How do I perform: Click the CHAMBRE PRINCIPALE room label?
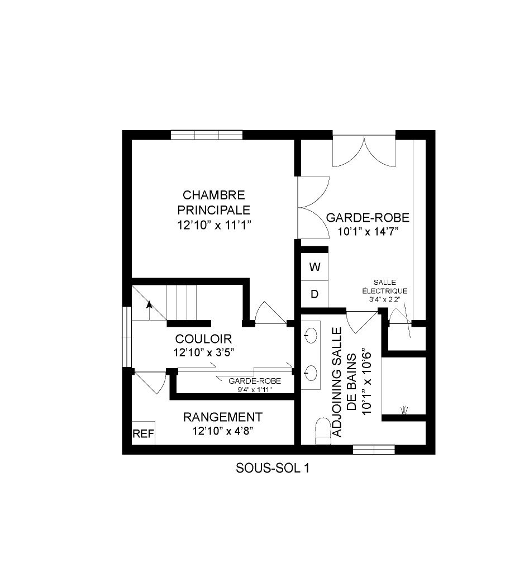[x=213, y=203]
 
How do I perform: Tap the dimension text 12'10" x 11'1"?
[x=213, y=225]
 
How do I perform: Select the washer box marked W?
[x=315, y=267]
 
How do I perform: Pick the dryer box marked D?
[x=315, y=294]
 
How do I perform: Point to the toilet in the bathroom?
[x=323, y=431]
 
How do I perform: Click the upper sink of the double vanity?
[x=311, y=336]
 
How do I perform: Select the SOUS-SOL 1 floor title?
[x=272, y=469]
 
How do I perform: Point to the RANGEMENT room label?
[x=223, y=417]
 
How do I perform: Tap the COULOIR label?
[x=203, y=339]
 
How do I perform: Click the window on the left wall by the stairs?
[x=127, y=337]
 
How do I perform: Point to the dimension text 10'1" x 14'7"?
[x=368, y=231]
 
